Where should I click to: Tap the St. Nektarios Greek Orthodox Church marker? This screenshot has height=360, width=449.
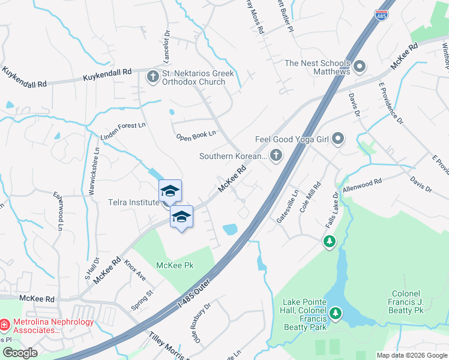pyautogui.click(x=152, y=76)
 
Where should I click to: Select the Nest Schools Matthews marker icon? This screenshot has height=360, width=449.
pyautogui.click(x=360, y=66)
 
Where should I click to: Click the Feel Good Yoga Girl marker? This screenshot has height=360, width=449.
pyautogui.click(x=338, y=139)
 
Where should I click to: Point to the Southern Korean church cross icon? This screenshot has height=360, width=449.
pyautogui.click(x=276, y=156)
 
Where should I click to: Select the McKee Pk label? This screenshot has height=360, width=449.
pyautogui.click(x=176, y=265)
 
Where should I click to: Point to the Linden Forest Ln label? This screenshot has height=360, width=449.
pyautogui.click(x=123, y=131)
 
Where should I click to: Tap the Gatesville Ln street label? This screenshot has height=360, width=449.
pyautogui.click(x=287, y=208)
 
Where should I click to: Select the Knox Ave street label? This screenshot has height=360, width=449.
pyautogui.click(x=135, y=270)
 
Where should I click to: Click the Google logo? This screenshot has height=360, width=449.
pyautogui.click(x=20, y=353)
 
